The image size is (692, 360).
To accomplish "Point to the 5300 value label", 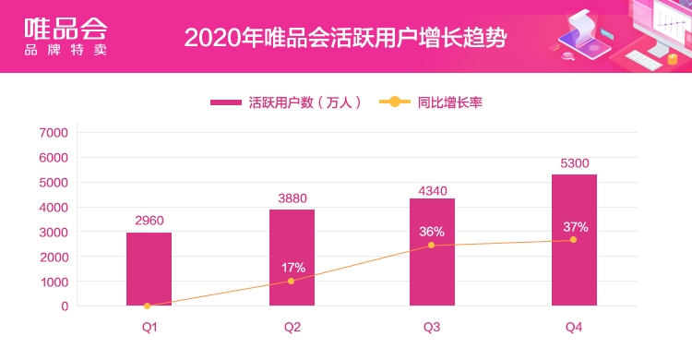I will click(x=574, y=163).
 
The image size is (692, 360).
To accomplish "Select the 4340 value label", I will click(x=432, y=191).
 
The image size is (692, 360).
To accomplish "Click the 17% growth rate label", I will click(x=293, y=268).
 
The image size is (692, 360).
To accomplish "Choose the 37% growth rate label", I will click(x=576, y=227).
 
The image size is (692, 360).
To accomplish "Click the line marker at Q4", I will click(x=573, y=240).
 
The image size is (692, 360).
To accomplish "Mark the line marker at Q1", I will click(x=148, y=306).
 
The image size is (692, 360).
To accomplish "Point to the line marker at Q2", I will click(x=292, y=281).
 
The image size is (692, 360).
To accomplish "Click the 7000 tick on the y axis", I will click(x=54, y=133).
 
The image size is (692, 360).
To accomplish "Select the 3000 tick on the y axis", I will click(x=54, y=232).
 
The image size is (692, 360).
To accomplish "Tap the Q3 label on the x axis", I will click(x=432, y=327).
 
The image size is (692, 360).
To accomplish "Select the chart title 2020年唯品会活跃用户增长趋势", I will click(x=345, y=38).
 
